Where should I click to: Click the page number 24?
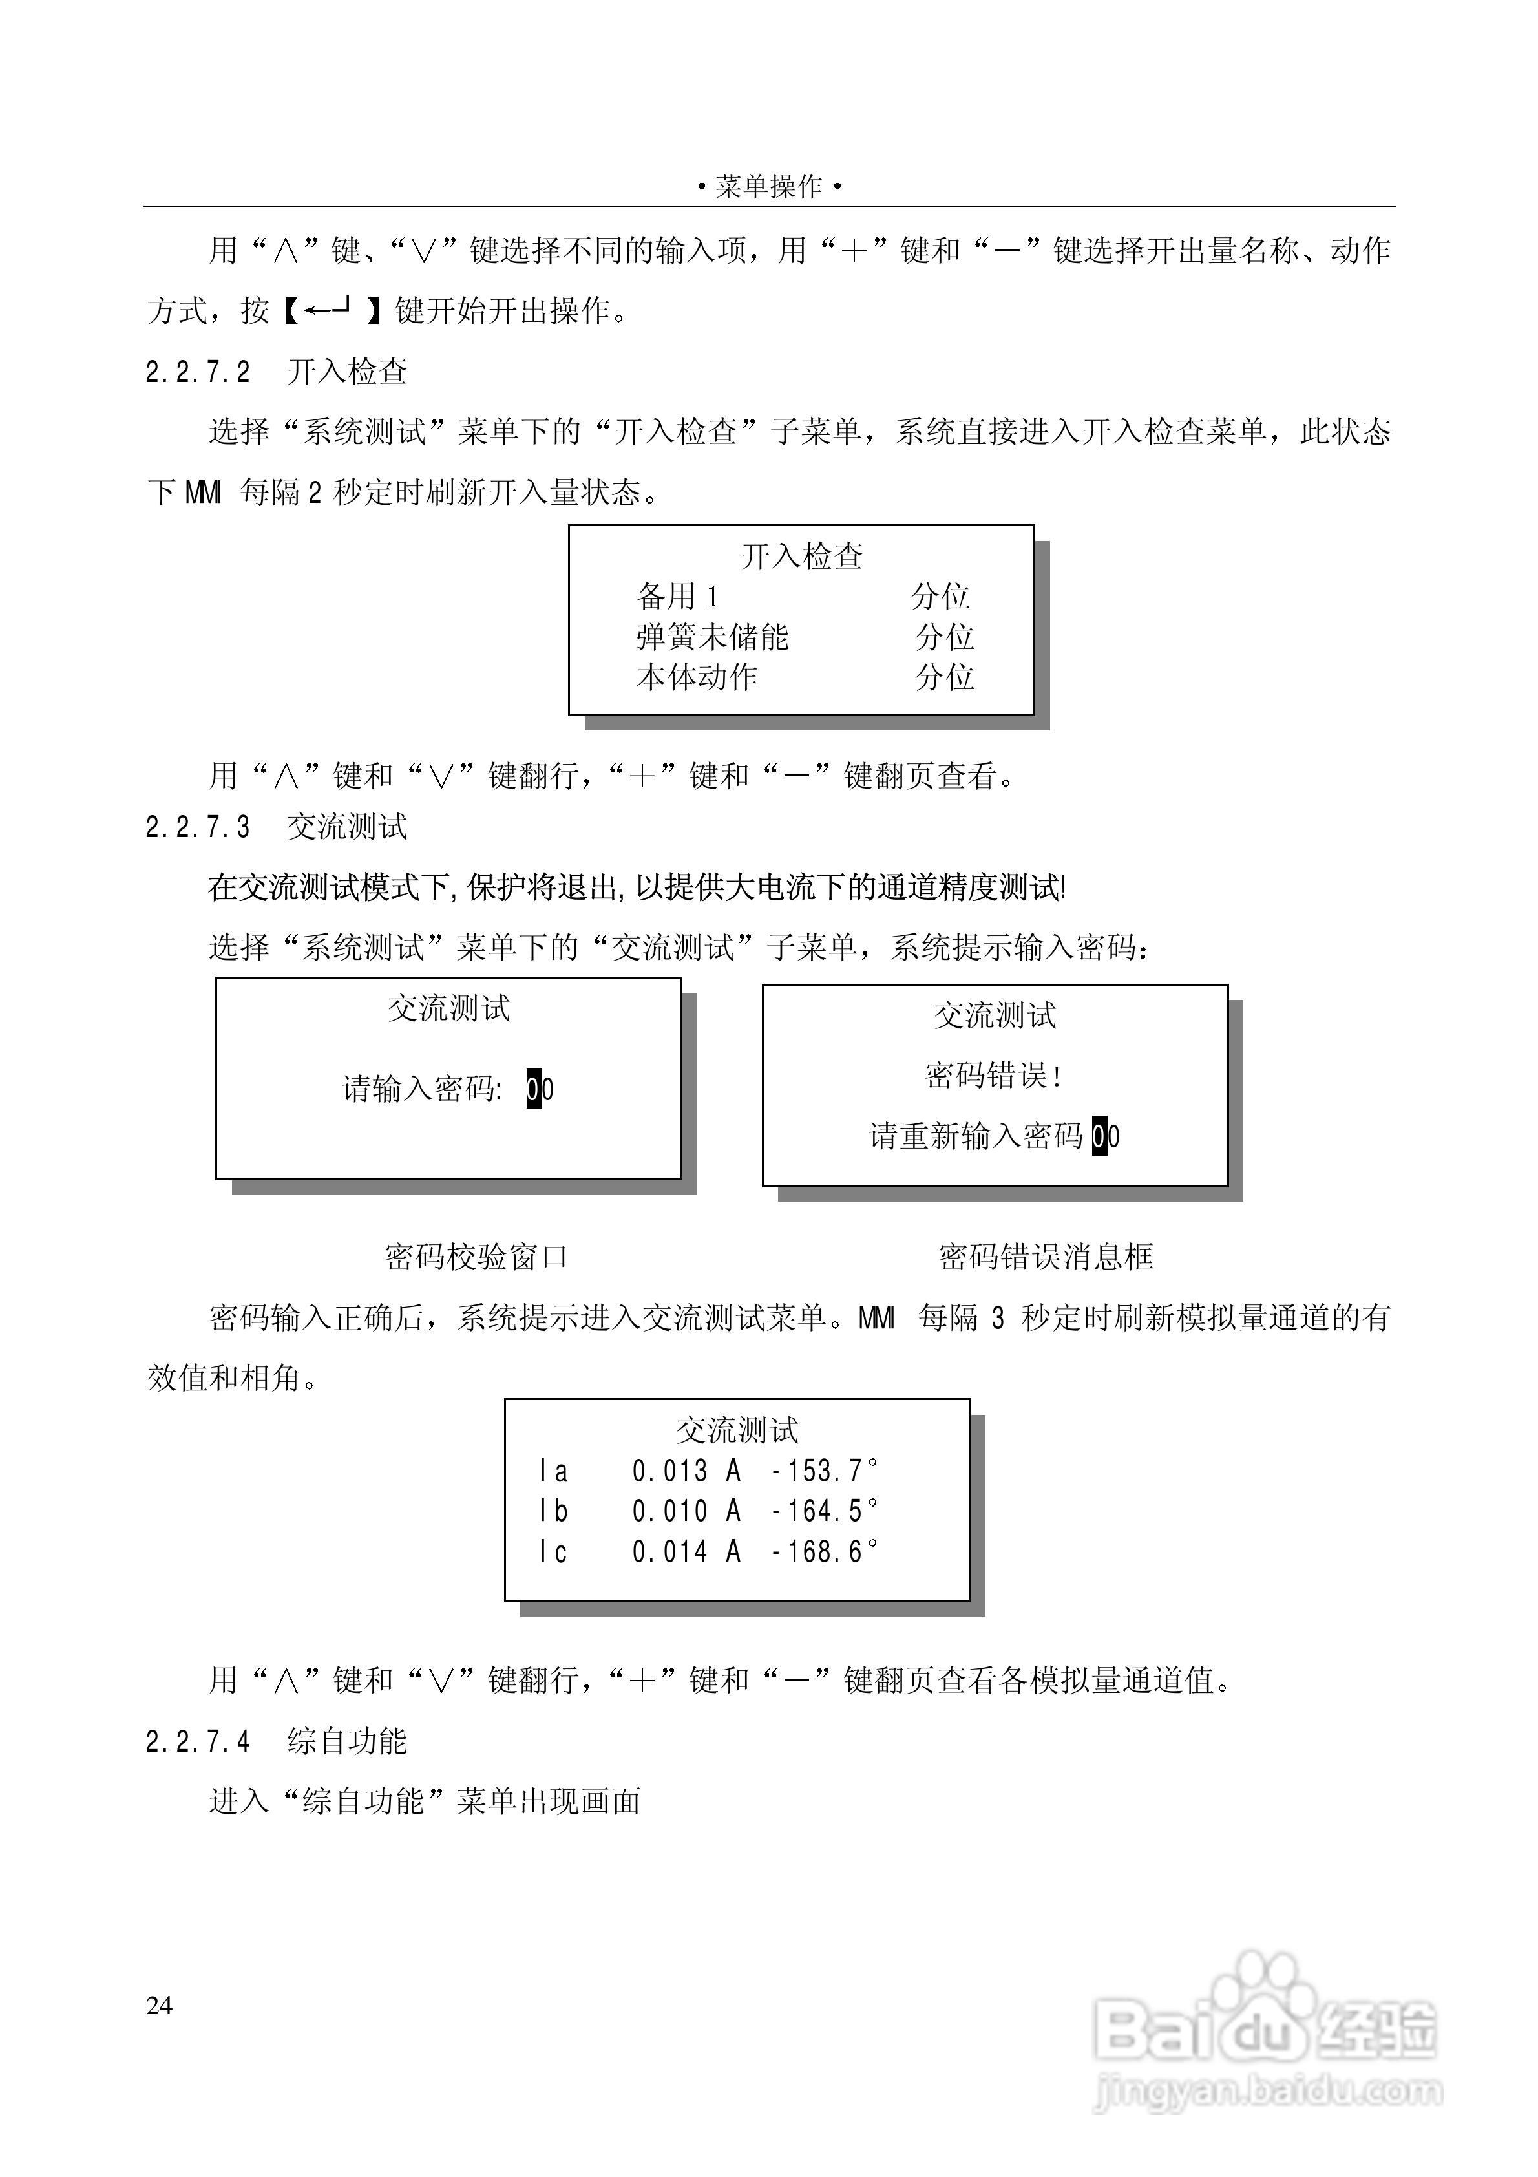tap(160, 2004)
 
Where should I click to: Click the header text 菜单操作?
tap(769, 187)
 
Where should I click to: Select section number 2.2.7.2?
tap(198, 372)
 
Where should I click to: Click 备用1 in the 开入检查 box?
tap(678, 597)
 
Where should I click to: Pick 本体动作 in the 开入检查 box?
tap(697, 677)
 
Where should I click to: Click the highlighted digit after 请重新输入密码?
tap(1099, 1136)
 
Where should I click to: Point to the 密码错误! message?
tap(993, 1075)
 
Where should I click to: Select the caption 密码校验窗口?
tap(476, 1257)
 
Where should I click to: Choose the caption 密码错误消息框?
tap(1046, 1257)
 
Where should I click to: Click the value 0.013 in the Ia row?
tap(670, 1471)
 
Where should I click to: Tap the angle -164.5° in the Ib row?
tap(824, 1511)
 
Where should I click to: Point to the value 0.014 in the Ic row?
tap(670, 1551)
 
